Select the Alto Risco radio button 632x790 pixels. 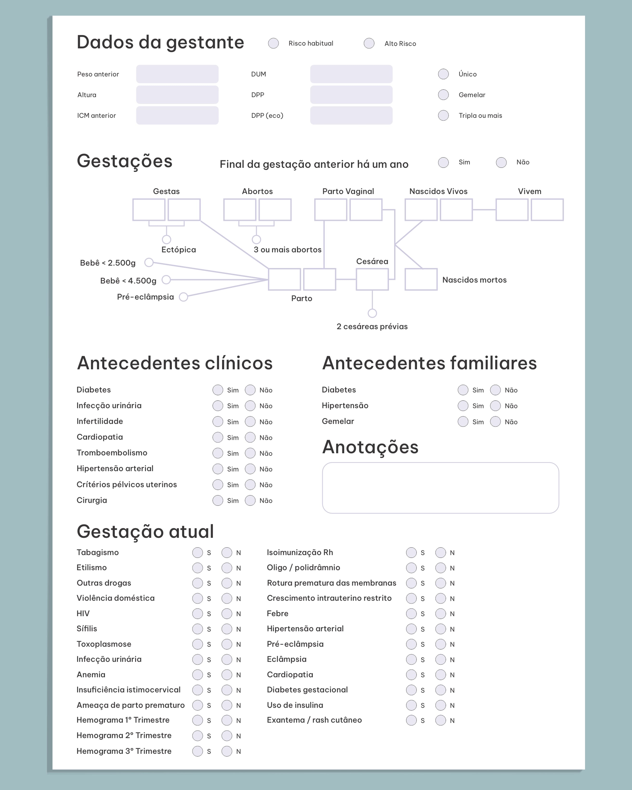(369, 43)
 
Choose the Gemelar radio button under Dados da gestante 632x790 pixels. (443, 95)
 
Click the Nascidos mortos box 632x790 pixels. (421, 279)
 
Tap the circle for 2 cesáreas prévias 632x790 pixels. (372, 313)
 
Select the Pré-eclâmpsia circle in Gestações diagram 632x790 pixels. (183, 297)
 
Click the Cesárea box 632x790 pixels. (372, 279)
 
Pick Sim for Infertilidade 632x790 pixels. (218, 422)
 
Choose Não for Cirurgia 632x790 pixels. (250, 500)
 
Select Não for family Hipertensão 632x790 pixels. (495, 406)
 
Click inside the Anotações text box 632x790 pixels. (440, 488)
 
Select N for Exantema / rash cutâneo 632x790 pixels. (440, 720)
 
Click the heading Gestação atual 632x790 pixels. (145, 532)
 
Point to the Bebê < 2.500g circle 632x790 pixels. (149, 262)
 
